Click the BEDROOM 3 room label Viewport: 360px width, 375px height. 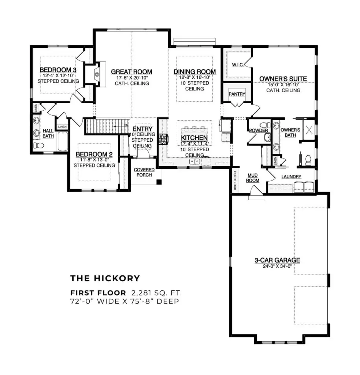[x=58, y=70]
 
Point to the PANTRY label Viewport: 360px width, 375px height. [x=237, y=94]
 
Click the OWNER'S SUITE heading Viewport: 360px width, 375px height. [x=283, y=79]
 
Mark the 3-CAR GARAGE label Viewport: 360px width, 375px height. [x=277, y=260]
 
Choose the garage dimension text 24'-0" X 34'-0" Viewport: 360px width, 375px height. [x=277, y=266]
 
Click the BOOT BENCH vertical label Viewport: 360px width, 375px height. [x=235, y=180]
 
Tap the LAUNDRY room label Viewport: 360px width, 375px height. [x=291, y=177]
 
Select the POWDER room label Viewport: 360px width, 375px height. [x=259, y=130]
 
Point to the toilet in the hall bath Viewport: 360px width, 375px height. [x=38, y=145]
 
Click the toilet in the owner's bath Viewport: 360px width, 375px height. [x=308, y=159]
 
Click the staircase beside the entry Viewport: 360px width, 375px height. [x=103, y=126]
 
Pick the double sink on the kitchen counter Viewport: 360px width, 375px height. [x=194, y=161]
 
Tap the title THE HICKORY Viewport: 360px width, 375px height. [x=105, y=278]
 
